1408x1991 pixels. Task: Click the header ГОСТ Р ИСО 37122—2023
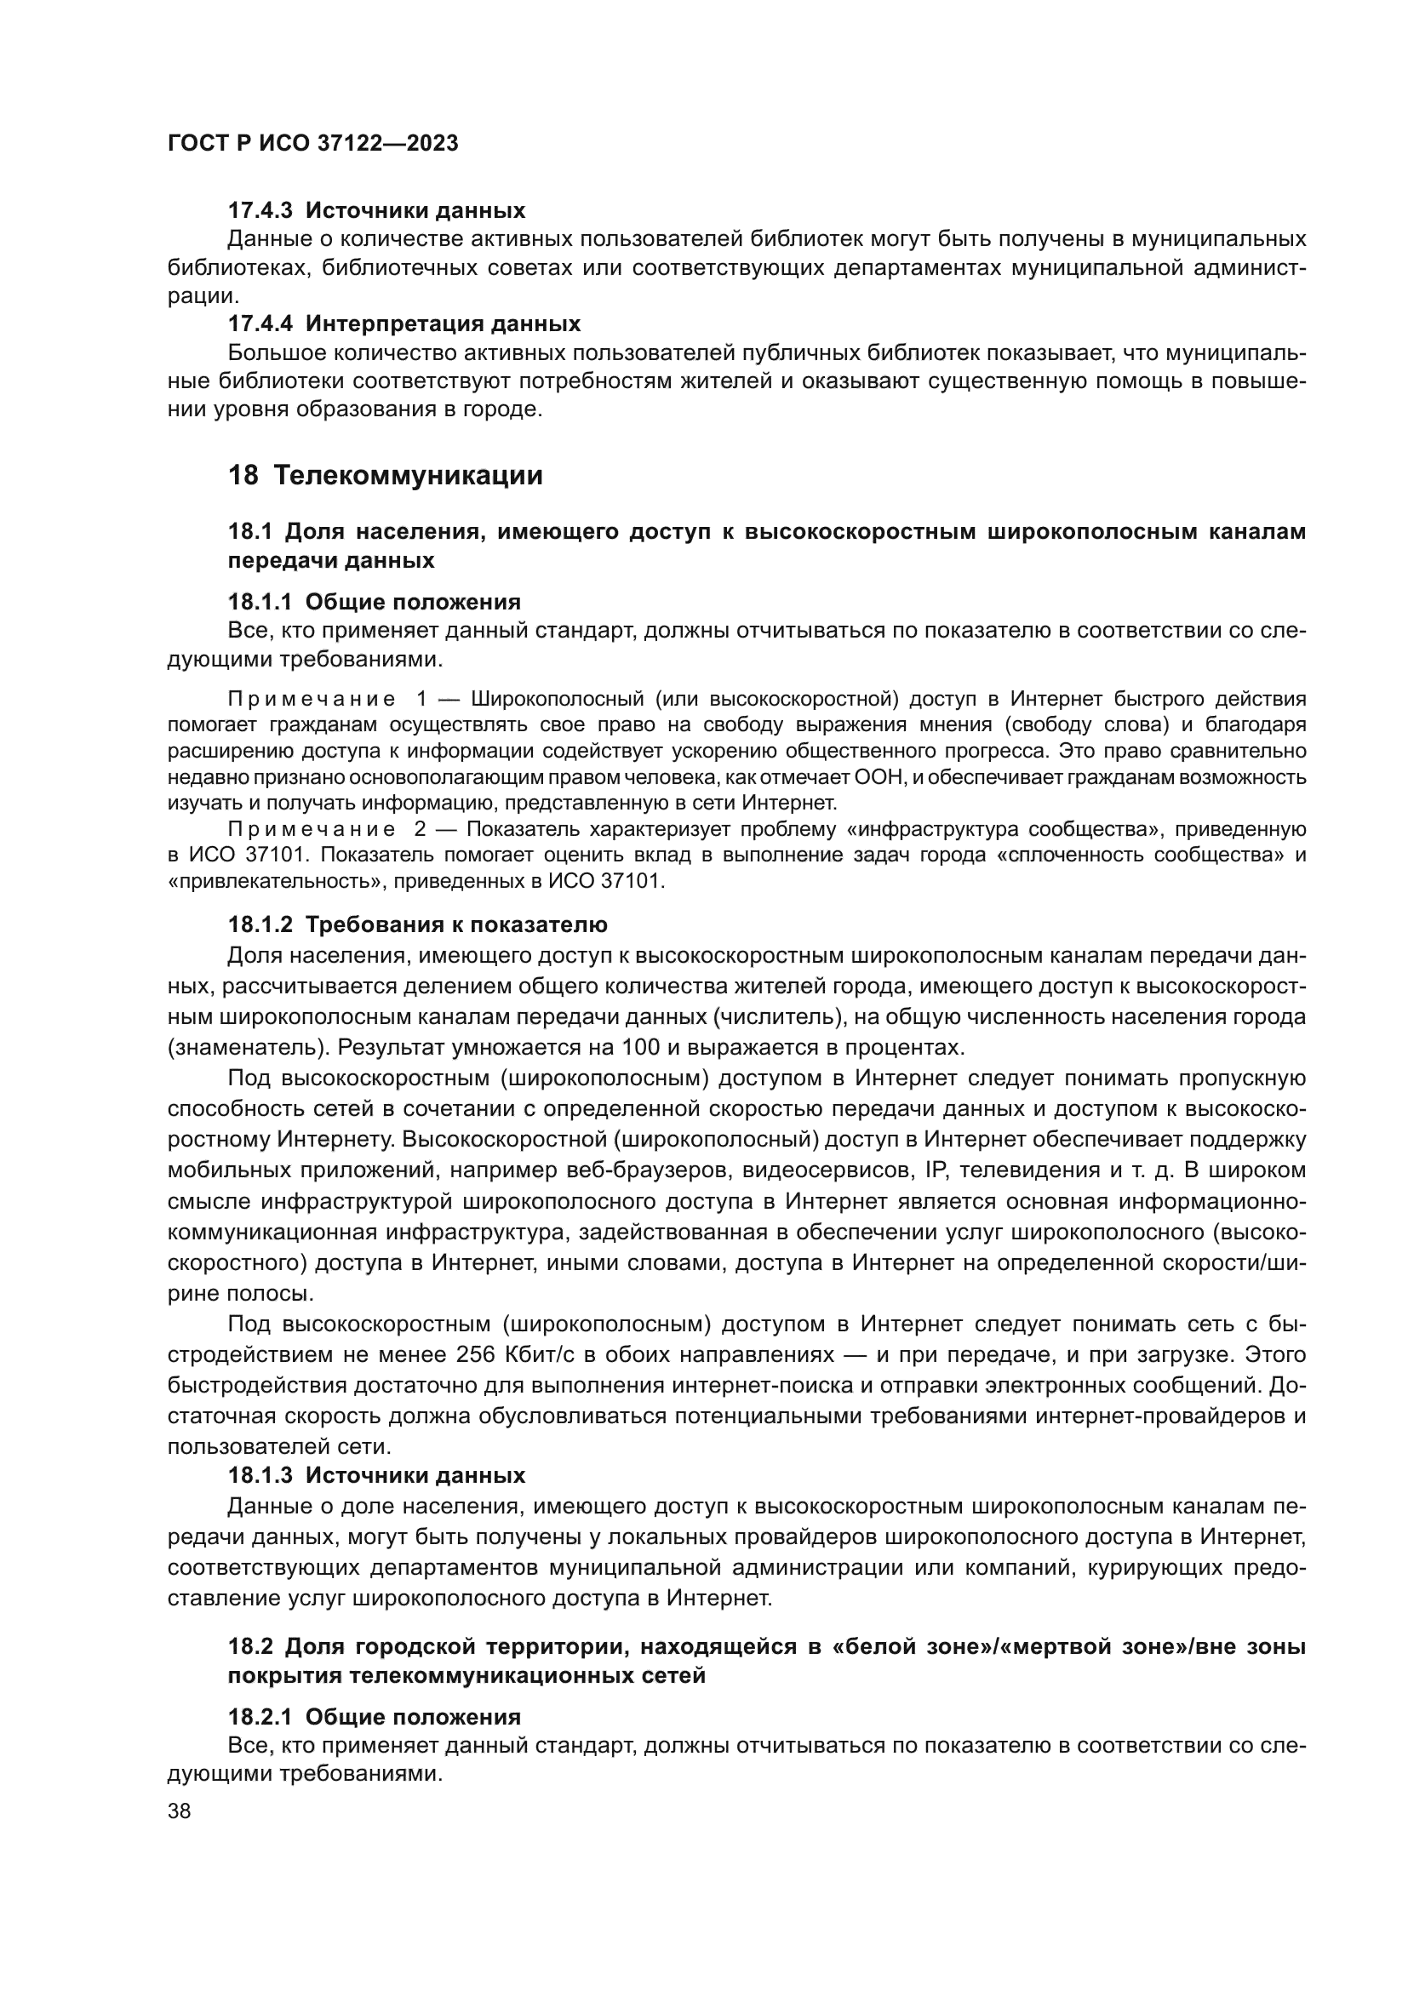click(x=312, y=143)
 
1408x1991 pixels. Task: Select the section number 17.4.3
click(x=260, y=211)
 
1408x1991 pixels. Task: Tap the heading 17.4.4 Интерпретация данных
click(x=404, y=324)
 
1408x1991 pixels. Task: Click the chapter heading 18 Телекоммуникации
click(x=385, y=475)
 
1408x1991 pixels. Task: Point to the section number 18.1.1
click(x=260, y=602)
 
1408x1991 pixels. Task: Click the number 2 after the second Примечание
click(x=421, y=830)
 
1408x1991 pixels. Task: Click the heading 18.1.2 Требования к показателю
click(x=417, y=924)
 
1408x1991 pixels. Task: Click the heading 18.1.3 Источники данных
click(x=376, y=1475)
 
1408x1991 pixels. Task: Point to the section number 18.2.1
click(x=260, y=1717)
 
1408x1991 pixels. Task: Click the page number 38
click(x=180, y=1811)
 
